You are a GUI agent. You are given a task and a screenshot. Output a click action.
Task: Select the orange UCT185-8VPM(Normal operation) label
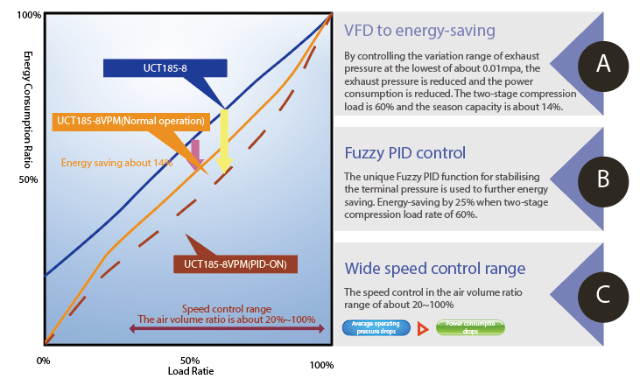[x=130, y=121]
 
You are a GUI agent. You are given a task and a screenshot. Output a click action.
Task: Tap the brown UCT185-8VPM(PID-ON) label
[x=236, y=263]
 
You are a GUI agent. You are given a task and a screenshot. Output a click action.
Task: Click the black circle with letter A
[x=602, y=63]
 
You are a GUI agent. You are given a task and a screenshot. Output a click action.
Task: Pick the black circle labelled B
[x=602, y=179]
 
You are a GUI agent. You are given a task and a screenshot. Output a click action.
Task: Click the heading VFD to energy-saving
[x=420, y=31]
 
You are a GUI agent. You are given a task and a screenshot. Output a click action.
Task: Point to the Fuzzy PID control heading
[x=404, y=151]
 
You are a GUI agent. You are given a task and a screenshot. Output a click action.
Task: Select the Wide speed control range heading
[x=435, y=268]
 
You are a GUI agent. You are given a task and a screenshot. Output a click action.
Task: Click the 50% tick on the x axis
[x=189, y=360]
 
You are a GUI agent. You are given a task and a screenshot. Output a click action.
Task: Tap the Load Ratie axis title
[x=189, y=370]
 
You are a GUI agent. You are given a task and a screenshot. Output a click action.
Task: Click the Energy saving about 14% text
[x=117, y=162]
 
